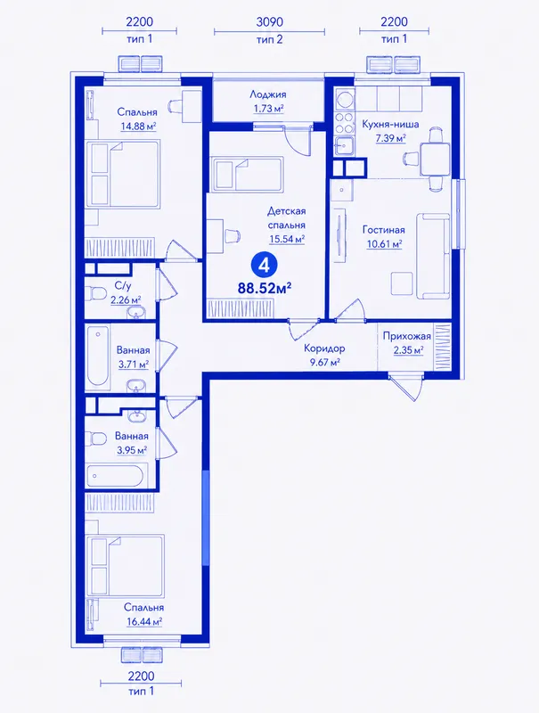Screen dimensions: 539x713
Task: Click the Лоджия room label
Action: [267, 94]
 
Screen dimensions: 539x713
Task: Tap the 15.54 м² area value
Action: [286, 239]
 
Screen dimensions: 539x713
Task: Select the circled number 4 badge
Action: [264, 265]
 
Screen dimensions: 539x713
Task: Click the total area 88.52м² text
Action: [265, 288]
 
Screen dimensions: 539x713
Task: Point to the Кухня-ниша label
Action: [390, 124]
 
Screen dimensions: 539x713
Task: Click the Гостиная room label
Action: [384, 230]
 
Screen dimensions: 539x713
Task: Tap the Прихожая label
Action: [406, 337]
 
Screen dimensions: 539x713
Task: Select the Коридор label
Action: [324, 348]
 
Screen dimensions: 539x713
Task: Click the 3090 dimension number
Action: [269, 22]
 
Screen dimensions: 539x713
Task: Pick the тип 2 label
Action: [269, 39]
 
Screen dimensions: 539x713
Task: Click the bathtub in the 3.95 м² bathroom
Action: [114, 476]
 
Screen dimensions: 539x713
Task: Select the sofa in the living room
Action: [433, 256]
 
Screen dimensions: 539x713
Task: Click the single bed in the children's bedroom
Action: [247, 172]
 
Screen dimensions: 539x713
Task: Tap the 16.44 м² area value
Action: [143, 621]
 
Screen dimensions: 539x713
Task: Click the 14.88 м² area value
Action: [138, 126]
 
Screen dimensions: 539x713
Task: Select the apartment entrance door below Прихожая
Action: [406, 387]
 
